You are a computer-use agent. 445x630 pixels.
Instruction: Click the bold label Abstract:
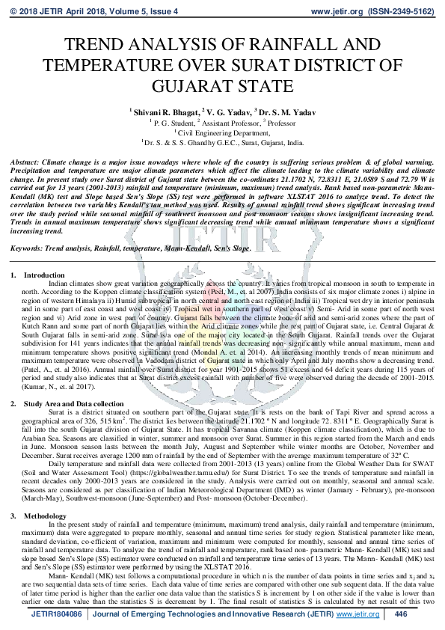click(x=25, y=162)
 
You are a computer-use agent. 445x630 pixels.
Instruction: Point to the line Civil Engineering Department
click(x=222, y=130)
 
